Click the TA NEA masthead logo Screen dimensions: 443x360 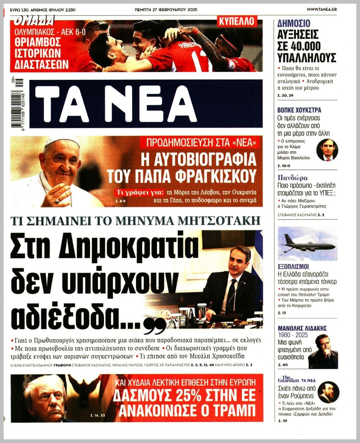(115, 104)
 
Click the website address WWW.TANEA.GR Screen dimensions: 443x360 (322, 10)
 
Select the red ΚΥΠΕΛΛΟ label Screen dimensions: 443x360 (237, 21)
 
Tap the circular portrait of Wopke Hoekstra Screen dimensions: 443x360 (327, 150)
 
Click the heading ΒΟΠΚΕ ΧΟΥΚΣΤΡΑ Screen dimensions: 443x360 (299, 110)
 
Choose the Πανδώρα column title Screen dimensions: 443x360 (293, 178)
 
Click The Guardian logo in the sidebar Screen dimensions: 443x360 (289, 379)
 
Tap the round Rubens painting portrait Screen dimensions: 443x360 (328, 392)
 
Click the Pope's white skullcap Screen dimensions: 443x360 (61, 142)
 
